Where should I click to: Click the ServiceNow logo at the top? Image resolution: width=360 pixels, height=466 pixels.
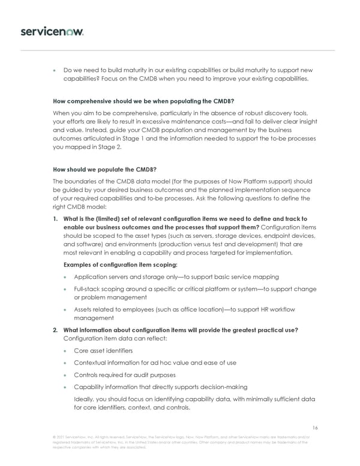[52, 31]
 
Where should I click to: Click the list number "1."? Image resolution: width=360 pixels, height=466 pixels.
[56, 219]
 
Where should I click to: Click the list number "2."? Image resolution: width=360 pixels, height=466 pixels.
[56, 330]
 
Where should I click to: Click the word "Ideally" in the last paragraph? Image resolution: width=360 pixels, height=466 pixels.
[85, 399]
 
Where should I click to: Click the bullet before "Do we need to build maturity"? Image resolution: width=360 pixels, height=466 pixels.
[55, 70]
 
